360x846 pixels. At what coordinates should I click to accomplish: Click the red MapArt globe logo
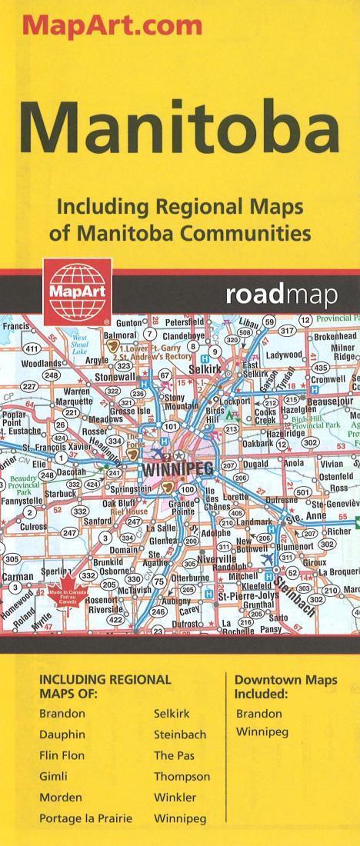(68, 289)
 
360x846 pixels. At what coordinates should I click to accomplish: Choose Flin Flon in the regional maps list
(62, 755)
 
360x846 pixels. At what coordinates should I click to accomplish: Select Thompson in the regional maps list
(182, 776)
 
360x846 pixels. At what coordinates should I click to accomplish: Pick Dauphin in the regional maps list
(62, 734)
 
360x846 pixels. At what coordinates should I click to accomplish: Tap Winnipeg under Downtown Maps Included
(262, 731)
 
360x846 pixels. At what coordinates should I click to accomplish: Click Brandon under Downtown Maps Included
(259, 713)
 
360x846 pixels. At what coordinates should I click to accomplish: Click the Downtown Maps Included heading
(285, 688)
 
